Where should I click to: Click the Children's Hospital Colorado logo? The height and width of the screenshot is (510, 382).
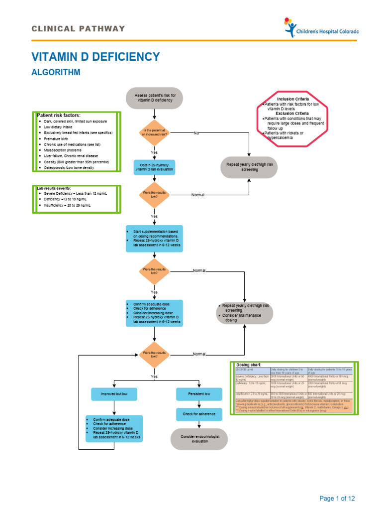pos(321,28)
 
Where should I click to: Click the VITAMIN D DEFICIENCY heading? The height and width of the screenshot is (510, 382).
pos(95,56)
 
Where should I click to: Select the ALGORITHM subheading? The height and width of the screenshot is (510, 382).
pos(56,73)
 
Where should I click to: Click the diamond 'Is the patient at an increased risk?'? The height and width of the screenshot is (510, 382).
pos(155,133)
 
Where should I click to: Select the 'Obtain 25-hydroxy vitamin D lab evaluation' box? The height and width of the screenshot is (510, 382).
pos(155,167)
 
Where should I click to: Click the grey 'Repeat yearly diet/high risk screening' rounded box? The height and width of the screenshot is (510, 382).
pos(249,167)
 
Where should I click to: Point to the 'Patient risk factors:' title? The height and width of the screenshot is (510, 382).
pos(59,115)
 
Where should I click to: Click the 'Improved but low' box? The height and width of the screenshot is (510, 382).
pos(114,394)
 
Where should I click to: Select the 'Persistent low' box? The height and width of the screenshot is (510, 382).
pos(199,394)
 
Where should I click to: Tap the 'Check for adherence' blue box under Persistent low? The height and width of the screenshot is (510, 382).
pos(199,413)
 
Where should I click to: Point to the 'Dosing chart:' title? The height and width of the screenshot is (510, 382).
pos(249,365)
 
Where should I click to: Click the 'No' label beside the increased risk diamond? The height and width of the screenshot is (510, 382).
pos(196,133)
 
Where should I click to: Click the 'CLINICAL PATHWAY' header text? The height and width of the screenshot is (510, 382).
pos(79,28)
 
